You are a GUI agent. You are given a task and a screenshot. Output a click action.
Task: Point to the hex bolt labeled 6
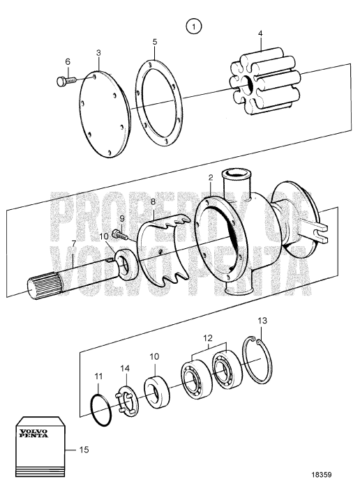click(x=61, y=82)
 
